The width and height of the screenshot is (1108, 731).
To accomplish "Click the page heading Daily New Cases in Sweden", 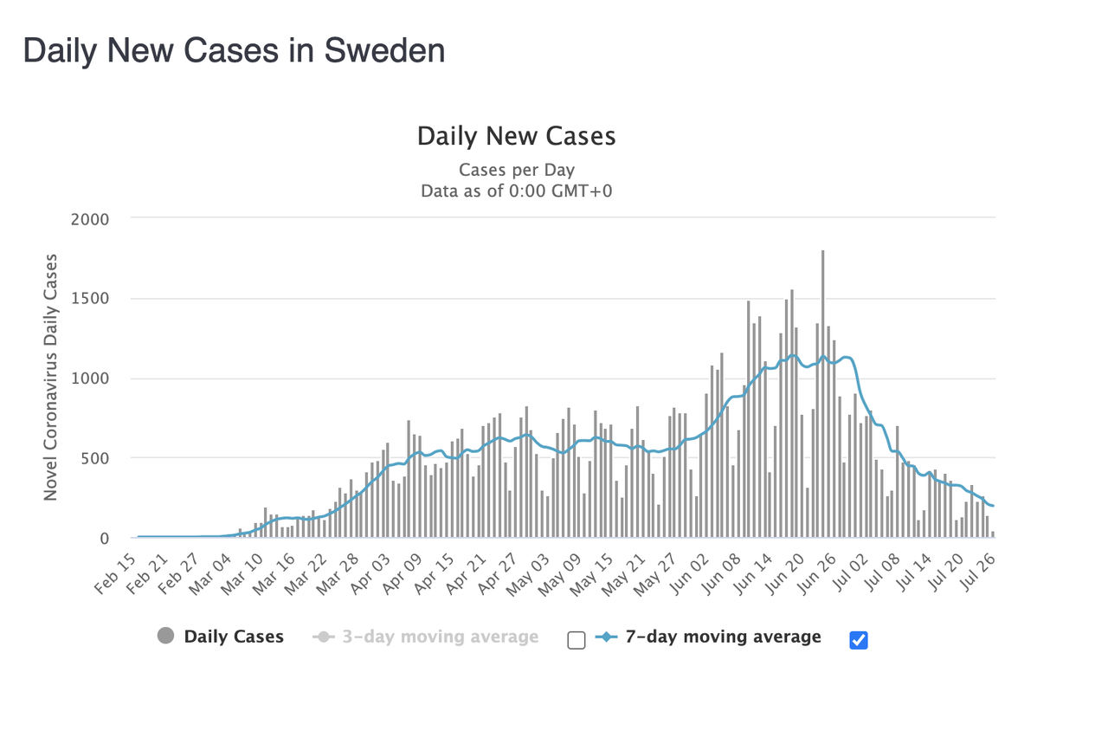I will point(234,51).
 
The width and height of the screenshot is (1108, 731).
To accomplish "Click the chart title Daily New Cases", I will point(516,136).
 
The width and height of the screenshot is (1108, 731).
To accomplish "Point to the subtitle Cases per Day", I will point(516,170).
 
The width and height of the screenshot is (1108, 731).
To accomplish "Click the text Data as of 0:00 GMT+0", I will point(516,191).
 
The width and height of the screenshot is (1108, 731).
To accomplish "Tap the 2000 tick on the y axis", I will point(91,219).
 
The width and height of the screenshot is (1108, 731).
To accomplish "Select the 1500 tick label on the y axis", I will point(91,299).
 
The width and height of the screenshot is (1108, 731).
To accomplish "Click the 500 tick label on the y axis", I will point(95,458).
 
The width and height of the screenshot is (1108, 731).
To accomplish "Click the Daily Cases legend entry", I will point(234,637).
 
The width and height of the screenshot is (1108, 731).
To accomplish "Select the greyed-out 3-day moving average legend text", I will point(440,637).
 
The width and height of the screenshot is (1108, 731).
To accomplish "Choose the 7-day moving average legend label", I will point(723,637).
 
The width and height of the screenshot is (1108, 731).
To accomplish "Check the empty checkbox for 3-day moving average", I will point(577,640).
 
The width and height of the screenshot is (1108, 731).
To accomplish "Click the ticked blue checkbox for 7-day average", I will point(859,640).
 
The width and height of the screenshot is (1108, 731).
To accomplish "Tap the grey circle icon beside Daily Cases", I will point(165,637).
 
